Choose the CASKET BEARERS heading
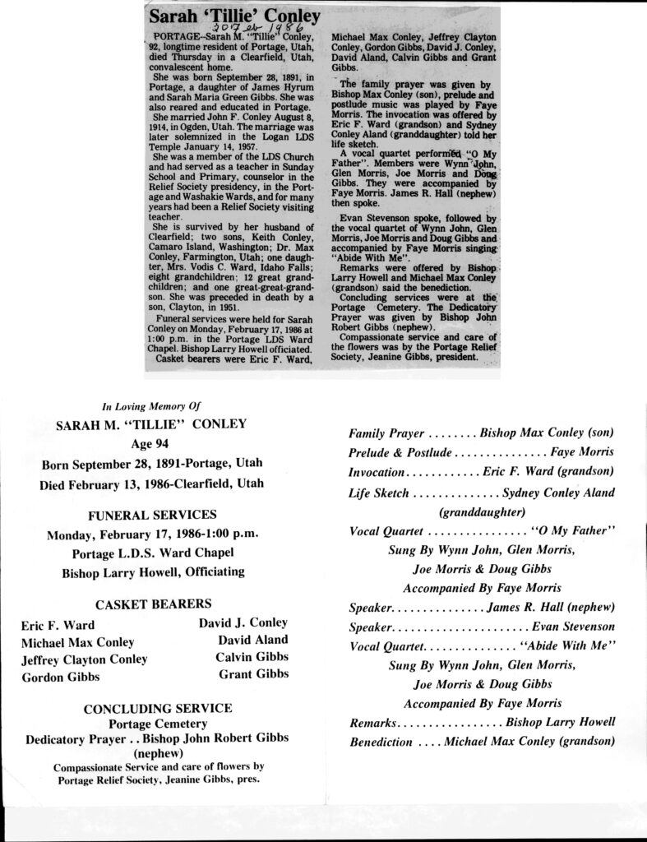(153, 603)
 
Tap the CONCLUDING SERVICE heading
(158, 707)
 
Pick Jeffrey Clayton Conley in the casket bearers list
(85, 659)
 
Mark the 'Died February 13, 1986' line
(151, 484)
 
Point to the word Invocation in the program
(377, 473)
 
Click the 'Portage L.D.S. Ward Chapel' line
(152, 553)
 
